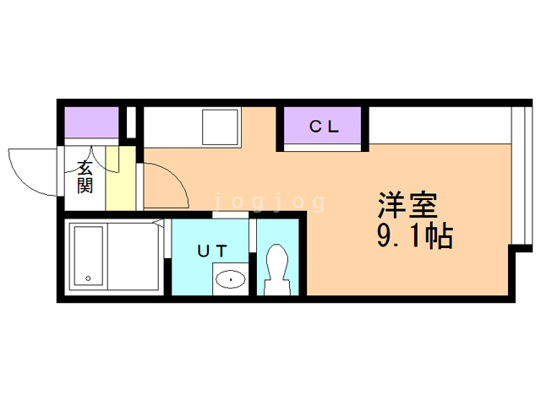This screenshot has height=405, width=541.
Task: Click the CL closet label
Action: pyautogui.click(x=324, y=127)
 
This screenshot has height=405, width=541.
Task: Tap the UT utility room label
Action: pyautogui.click(x=212, y=251)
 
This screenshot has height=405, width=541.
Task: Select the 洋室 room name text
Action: pyautogui.click(x=407, y=205)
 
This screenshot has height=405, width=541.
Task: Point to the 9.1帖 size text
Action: pyautogui.click(x=414, y=236)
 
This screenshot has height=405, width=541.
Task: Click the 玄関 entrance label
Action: pyautogui.click(x=85, y=177)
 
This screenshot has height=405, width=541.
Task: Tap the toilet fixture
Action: pyautogui.click(x=277, y=269)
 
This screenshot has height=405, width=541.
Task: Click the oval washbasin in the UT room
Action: pyautogui.click(x=230, y=279)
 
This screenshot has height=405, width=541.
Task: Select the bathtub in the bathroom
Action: pyautogui.click(x=89, y=256)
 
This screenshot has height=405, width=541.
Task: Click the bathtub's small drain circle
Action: pyautogui.click(x=88, y=278)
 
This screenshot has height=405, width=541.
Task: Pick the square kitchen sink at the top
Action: pyautogui.click(x=220, y=127)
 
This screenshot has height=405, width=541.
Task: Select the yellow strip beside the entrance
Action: pyautogui.click(x=120, y=178)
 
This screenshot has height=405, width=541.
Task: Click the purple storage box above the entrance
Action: pyautogui.click(x=92, y=122)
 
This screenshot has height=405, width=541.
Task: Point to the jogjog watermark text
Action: pyautogui.click(x=270, y=202)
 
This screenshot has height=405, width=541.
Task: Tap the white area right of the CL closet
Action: pyautogui.click(x=440, y=125)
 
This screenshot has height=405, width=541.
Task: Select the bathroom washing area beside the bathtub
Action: pyautogui.click(x=134, y=256)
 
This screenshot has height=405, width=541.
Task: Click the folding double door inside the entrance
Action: pyautogui.click(x=92, y=159)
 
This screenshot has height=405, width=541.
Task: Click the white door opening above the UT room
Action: pyautogui.click(x=230, y=215)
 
